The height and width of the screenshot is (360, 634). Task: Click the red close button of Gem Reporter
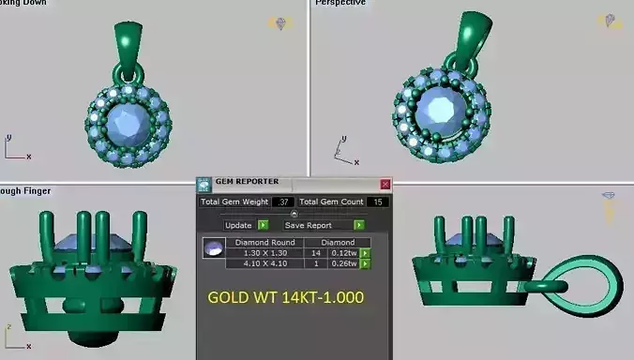[x=385, y=185]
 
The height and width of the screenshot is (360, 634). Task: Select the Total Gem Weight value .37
[x=282, y=202]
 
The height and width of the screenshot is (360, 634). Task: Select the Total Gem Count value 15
[x=378, y=202]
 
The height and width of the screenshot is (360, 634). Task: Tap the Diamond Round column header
[x=265, y=242]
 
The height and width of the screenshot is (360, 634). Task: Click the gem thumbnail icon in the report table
[x=214, y=248]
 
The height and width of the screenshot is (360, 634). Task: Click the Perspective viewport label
[x=339, y=4]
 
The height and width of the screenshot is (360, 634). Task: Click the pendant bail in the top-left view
[x=128, y=43]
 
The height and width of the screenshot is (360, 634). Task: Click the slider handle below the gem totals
[x=294, y=214]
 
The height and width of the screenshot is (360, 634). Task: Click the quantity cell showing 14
[x=314, y=253]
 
